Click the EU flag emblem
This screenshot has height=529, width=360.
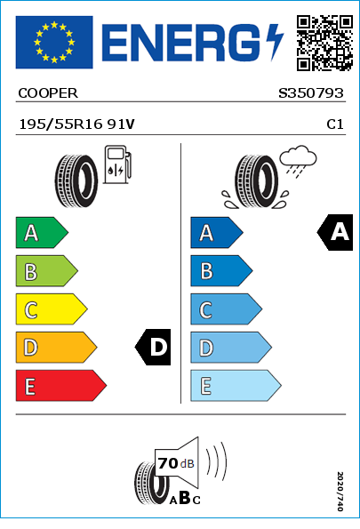(54, 42)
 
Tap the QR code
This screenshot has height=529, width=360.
(324, 43)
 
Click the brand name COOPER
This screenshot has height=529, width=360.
(48, 93)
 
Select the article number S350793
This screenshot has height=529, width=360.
(311, 93)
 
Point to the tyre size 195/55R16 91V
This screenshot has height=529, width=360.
(77, 124)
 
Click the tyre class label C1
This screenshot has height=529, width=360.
(335, 124)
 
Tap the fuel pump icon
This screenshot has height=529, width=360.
(117, 164)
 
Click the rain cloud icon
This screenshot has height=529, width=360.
(299, 161)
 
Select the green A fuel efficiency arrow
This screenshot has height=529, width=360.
(42, 232)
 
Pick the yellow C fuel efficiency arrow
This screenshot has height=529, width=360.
(52, 309)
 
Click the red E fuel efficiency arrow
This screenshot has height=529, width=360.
(61, 386)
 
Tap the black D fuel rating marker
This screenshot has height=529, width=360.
(153, 347)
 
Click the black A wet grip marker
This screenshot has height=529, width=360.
(335, 232)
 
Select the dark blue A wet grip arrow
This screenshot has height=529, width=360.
(217, 232)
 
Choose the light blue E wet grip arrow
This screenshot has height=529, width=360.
(236, 386)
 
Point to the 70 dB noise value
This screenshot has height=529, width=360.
(176, 463)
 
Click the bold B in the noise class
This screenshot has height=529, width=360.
(185, 497)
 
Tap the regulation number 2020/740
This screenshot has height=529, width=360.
(340, 491)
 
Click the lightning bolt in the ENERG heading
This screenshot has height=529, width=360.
(275, 43)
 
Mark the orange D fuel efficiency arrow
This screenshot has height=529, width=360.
(56, 348)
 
